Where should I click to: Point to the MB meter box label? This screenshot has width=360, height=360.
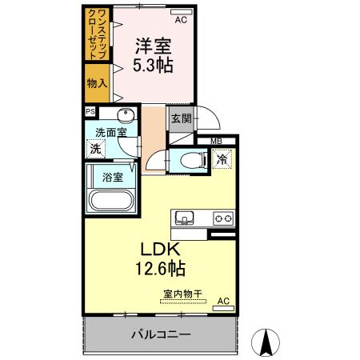[216, 142]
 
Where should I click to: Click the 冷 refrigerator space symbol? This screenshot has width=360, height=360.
[222, 159]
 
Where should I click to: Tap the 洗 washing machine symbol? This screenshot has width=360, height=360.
[96, 148]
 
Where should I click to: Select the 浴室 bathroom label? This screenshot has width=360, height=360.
[111, 177]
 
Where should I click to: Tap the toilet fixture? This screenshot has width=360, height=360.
[190, 158]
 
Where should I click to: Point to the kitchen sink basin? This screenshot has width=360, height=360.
[184, 217]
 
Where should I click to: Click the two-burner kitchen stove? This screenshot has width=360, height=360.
[222, 217]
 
